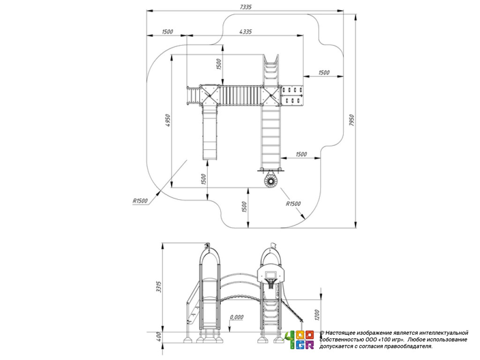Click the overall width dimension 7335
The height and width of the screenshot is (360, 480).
246,7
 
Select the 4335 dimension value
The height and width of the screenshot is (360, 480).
246,31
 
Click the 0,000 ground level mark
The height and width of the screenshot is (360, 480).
237,317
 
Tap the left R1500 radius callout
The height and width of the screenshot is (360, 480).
140,201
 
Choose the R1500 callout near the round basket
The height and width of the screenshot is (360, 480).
293,203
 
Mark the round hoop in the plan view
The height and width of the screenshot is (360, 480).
270,181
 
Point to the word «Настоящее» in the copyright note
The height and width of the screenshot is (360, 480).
344,332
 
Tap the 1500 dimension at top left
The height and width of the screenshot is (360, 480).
167,31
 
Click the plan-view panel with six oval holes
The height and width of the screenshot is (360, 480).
292,94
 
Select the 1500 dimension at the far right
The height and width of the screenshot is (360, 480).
324,73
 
